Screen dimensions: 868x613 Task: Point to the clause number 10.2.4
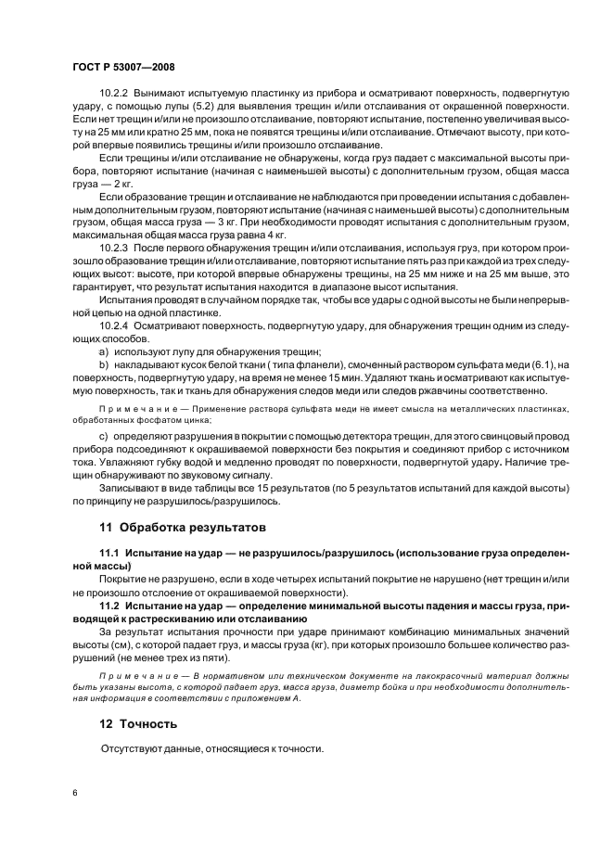(114, 325)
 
